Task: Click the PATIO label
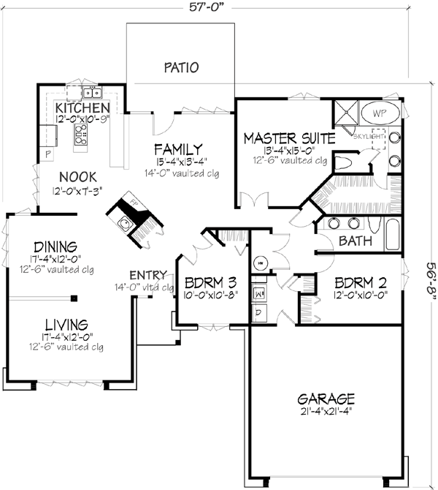[181, 68]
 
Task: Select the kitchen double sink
[91, 93]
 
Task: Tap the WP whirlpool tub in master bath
[381, 113]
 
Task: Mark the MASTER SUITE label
[288, 137]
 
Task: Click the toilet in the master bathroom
[345, 162]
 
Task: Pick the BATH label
[355, 240]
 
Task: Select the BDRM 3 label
[210, 282]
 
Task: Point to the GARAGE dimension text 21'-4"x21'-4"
[326, 412]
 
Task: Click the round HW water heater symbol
[259, 262]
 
